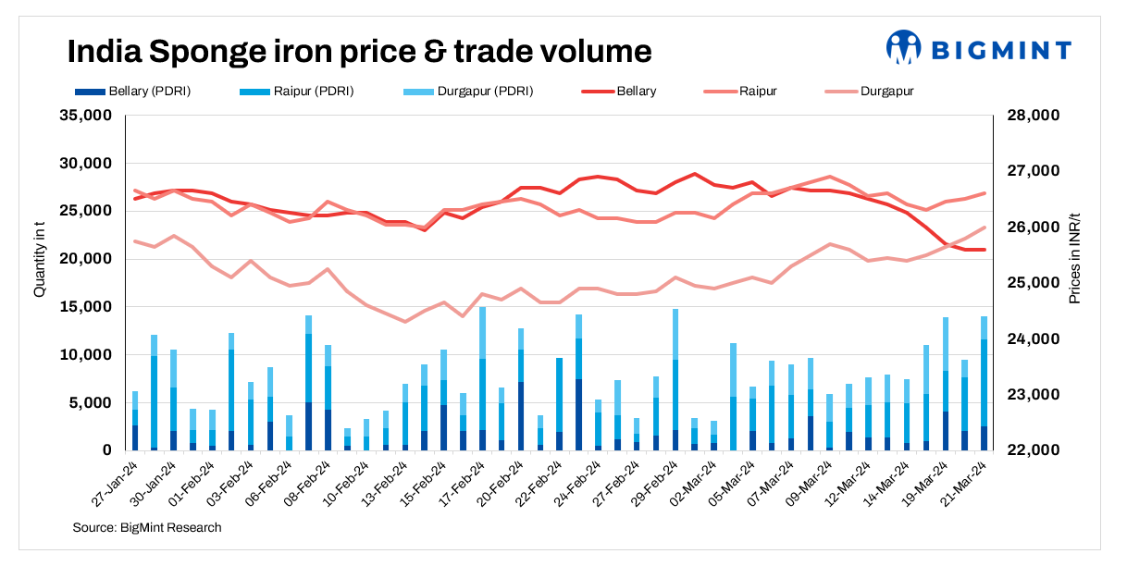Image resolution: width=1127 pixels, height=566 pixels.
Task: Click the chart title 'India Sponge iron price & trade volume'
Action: point(359,51)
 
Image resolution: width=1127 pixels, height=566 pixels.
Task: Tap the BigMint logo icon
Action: point(904,48)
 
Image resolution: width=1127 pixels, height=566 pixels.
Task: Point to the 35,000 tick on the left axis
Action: point(84,116)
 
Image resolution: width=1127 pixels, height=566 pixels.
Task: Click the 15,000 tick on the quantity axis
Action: point(84,307)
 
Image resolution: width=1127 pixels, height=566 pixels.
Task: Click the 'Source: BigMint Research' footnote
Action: point(146,528)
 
